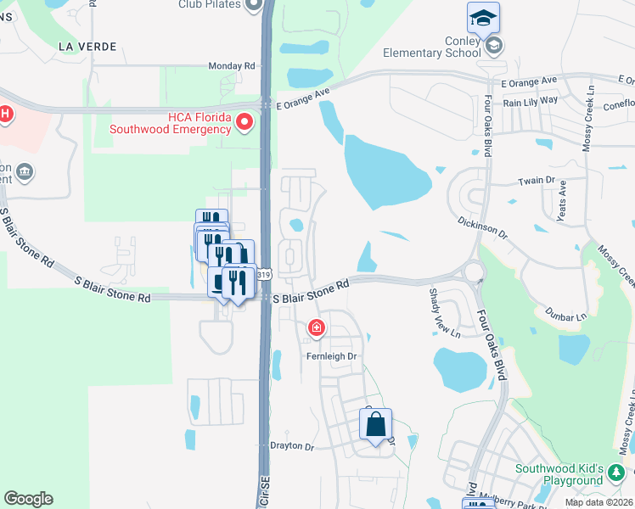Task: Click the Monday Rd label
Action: (232, 65)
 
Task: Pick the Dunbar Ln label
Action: (565, 314)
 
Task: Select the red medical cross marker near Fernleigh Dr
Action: (316, 327)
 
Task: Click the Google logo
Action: (28, 499)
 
